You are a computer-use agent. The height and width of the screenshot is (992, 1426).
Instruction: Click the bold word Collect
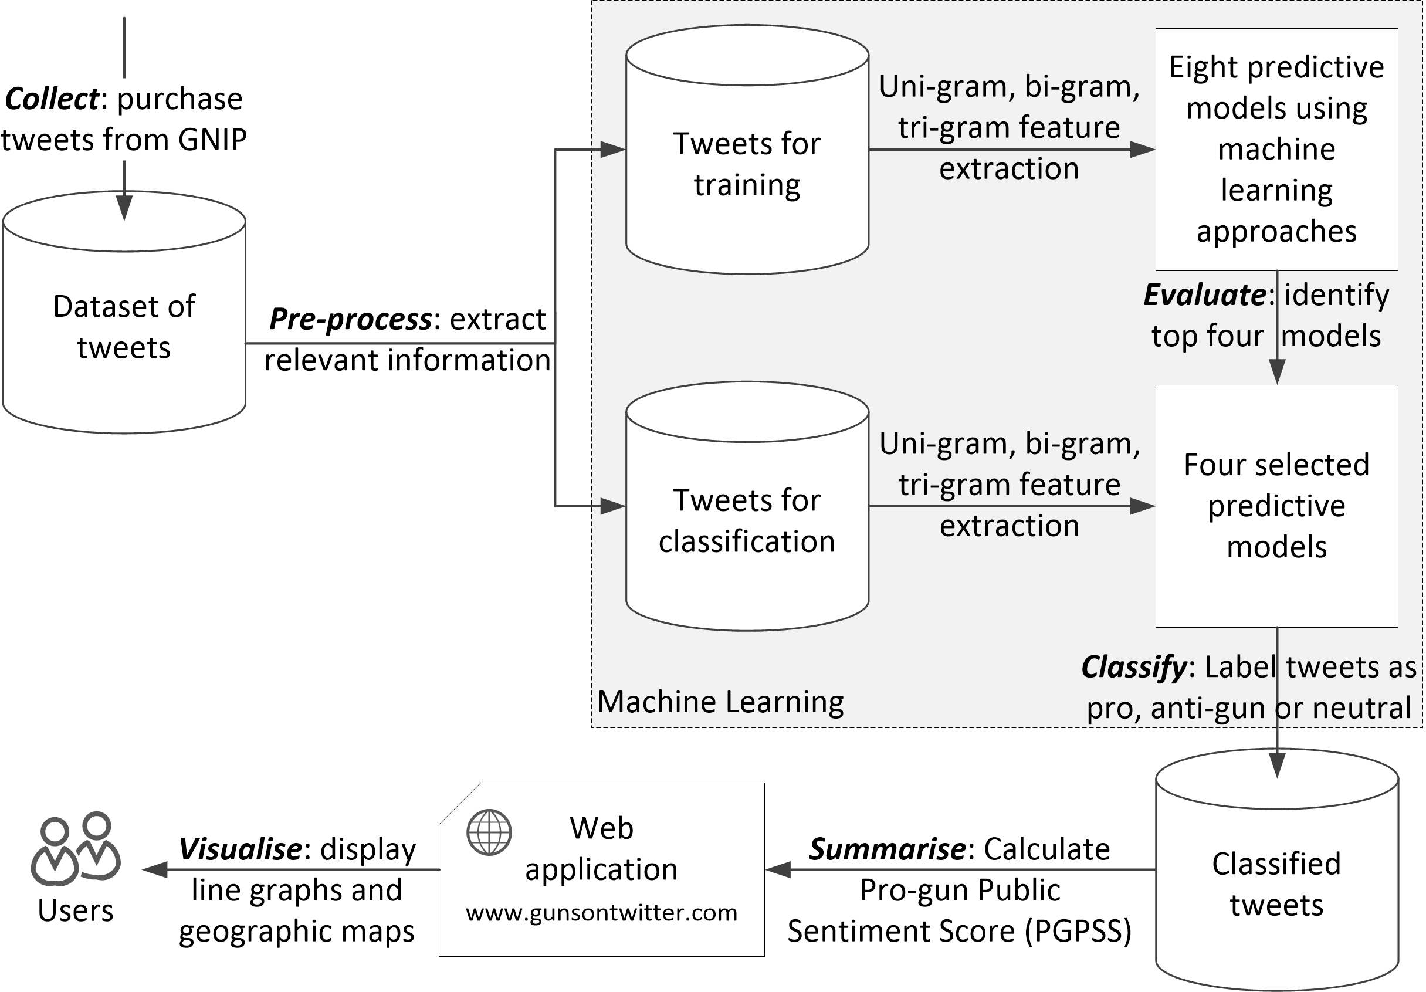click(52, 99)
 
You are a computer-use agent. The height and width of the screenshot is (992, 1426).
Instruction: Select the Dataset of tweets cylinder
click(124, 312)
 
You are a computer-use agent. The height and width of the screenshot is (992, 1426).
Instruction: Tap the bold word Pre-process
click(350, 319)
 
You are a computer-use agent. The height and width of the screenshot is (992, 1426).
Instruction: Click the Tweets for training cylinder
click(747, 149)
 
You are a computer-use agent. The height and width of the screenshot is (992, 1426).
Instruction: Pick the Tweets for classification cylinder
click(747, 506)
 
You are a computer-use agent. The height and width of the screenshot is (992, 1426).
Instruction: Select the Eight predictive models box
click(1277, 149)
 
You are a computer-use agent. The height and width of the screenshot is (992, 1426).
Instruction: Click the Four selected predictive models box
click(1277, 506)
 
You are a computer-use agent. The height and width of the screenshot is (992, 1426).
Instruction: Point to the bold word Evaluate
click(1205, 295)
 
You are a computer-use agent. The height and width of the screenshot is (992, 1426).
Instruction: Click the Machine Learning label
click(720, 702)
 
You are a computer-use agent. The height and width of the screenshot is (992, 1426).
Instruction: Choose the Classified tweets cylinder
click(1277, 869)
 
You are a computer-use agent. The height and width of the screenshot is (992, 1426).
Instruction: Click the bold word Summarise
click(888, 849)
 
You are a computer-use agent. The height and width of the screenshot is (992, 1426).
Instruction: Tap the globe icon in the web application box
click(489, 832)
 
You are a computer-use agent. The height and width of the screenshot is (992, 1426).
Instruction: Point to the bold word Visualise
click(241, 849)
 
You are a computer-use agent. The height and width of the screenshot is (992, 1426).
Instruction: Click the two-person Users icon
click(76, 848)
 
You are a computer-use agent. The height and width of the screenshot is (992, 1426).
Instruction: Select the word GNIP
click(212, 140)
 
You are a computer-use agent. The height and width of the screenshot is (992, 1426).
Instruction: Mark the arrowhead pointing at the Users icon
click(155, 869)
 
